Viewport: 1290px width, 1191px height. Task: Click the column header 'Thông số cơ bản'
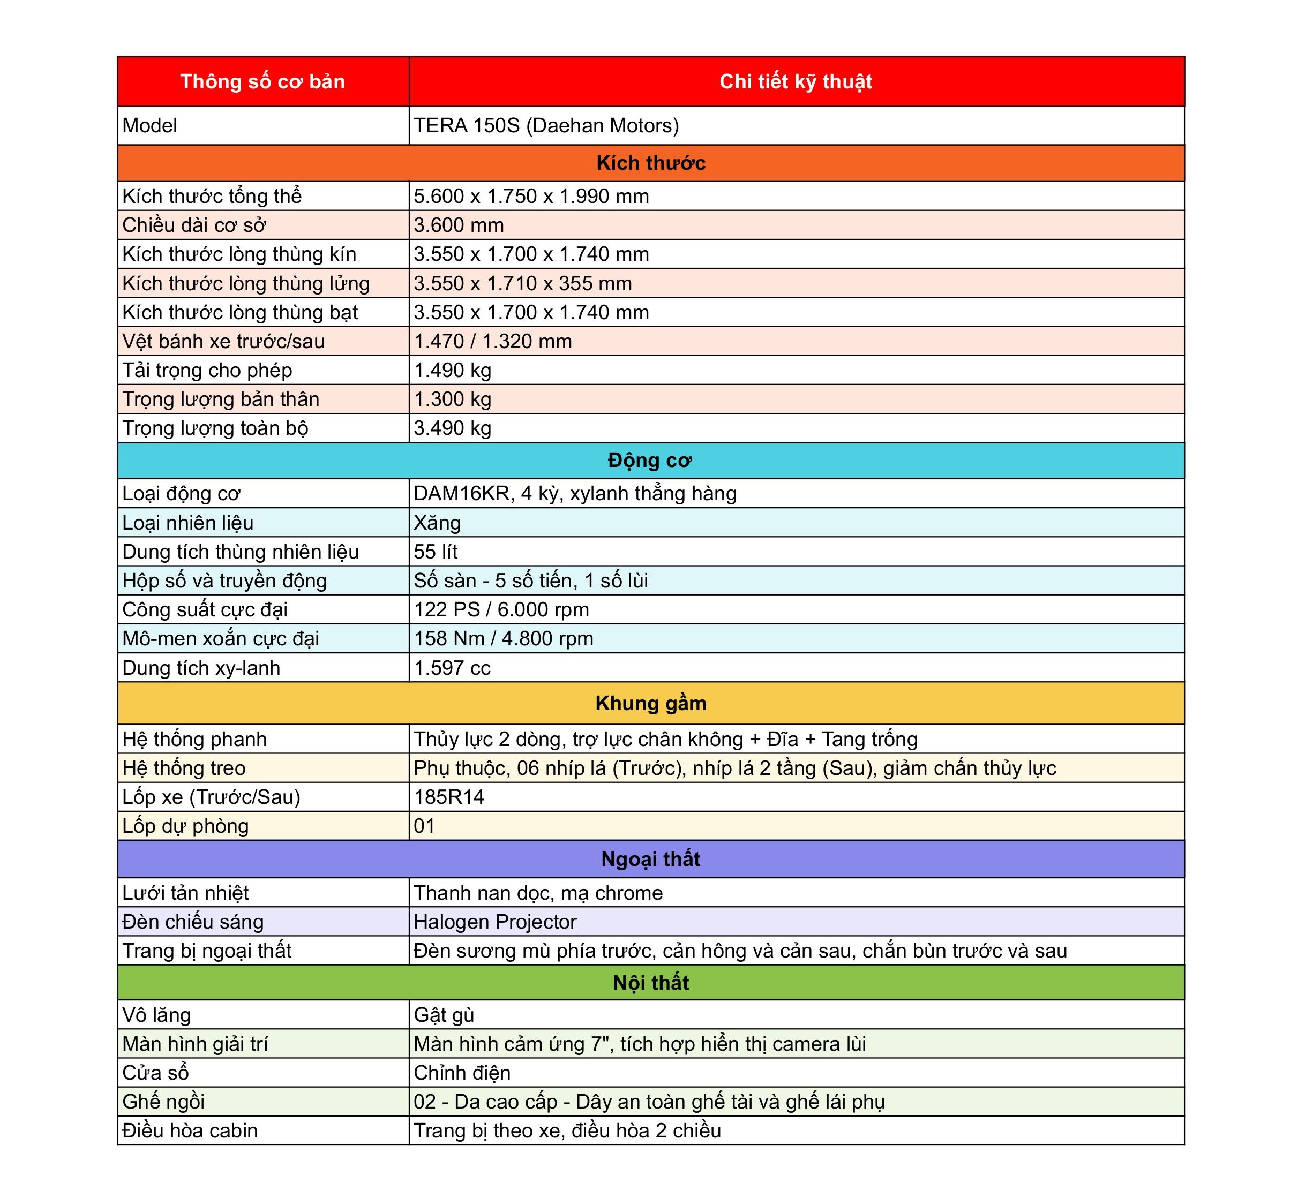point(262,82)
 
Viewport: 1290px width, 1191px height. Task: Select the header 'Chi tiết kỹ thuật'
point(796,82)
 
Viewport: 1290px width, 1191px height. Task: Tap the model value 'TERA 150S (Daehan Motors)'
point(546,126)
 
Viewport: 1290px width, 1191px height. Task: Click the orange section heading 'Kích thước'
point(650,163)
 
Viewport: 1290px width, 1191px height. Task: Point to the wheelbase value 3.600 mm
point(459,225)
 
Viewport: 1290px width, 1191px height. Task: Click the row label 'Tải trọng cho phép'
point(207,370)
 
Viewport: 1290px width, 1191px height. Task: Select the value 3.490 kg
point(452,428)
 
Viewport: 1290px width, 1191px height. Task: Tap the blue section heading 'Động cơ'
point(650,460)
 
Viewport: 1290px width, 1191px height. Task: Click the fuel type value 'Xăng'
point(437,523)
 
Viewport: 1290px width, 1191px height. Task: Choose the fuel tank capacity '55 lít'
point(435,552)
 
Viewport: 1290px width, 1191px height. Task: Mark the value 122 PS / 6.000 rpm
point(501,609)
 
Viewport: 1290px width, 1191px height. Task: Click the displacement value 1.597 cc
point(452,668)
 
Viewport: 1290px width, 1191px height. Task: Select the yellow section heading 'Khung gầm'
point(650,703)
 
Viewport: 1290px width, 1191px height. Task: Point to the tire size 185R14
point(449,797)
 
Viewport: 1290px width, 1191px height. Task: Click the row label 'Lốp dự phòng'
point(186,826)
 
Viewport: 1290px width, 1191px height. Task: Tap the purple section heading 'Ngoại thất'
point(650,859)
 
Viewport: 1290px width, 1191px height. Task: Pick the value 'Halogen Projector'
point(495,922)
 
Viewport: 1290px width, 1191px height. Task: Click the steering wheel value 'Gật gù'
point(444,1015)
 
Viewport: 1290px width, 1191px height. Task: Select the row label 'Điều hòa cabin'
point(190,1130)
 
